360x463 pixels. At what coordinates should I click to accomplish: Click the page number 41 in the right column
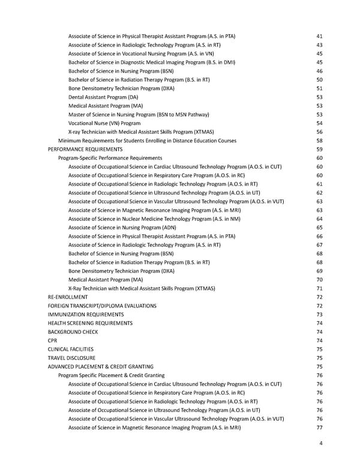click(319, 37)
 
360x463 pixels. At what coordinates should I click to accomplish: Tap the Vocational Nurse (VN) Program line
click(104, 123)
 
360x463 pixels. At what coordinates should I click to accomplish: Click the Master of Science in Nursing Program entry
click(137, 114)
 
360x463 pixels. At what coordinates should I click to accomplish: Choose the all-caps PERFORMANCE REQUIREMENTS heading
click(85, 149)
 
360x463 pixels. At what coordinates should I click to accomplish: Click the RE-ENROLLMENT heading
click(68, 297)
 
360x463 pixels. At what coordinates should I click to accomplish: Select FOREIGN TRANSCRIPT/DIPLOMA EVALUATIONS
click(102, 306)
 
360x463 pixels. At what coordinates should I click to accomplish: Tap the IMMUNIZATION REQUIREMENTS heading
click(86, 314)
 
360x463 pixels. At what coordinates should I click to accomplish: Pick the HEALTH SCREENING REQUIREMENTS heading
click(90, 323)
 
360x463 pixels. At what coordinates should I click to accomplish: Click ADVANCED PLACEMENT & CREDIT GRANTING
click(100, 366)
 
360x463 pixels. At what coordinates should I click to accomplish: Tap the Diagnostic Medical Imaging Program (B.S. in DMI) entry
click(151, 62)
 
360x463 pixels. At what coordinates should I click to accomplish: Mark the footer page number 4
click(322, 444)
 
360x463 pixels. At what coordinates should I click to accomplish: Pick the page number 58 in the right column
click(319, 141)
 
